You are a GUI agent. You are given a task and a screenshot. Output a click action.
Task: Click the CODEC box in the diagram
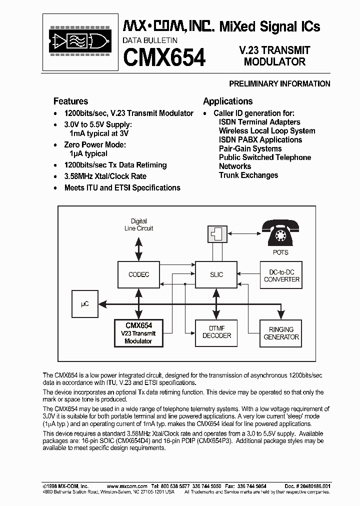[138, 274]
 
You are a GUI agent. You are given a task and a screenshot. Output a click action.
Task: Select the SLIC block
[216, 274]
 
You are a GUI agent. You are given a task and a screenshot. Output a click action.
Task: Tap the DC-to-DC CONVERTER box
[281, 275]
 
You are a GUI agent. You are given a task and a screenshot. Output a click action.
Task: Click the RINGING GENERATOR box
[281, 333]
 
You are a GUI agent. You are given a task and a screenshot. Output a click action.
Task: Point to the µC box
[85, 303]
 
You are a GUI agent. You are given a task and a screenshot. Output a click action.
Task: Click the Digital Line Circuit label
[138, 224]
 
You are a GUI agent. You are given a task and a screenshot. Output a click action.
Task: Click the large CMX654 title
[164, 56]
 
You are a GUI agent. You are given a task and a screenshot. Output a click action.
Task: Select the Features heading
[70, 101]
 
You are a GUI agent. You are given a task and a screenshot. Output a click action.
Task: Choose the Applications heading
[227, 101]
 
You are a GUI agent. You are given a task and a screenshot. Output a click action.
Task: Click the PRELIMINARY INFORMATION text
[279, 83]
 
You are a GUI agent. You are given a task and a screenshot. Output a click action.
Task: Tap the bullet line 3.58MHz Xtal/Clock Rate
[105, 176]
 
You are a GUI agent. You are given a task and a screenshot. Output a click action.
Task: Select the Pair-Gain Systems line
[250, 148]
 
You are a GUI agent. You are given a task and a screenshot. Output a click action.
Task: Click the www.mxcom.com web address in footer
[127, 486]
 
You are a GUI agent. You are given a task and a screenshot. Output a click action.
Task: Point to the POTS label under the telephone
[281, 252]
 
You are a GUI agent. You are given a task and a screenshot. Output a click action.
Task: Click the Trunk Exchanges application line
[248, 175]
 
